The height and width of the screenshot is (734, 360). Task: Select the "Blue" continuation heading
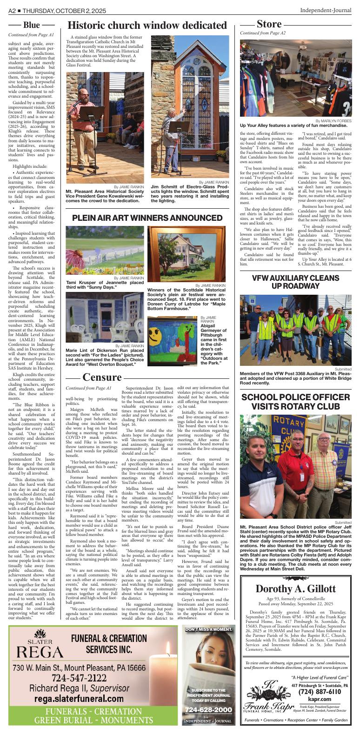[32, 25]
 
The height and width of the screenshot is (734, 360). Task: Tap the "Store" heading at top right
[269, 24]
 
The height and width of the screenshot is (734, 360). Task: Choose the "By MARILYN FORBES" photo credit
[333, 120]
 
